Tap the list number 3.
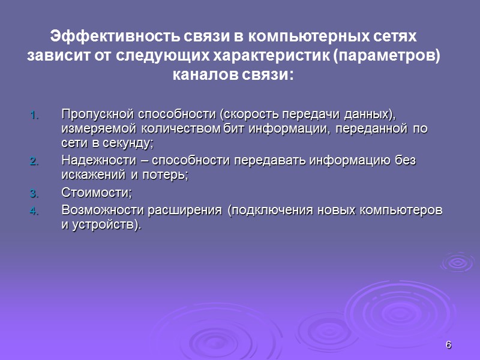(x=34, y=194)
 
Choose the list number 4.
(x=34, y=211)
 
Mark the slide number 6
(x=448, y=344)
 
